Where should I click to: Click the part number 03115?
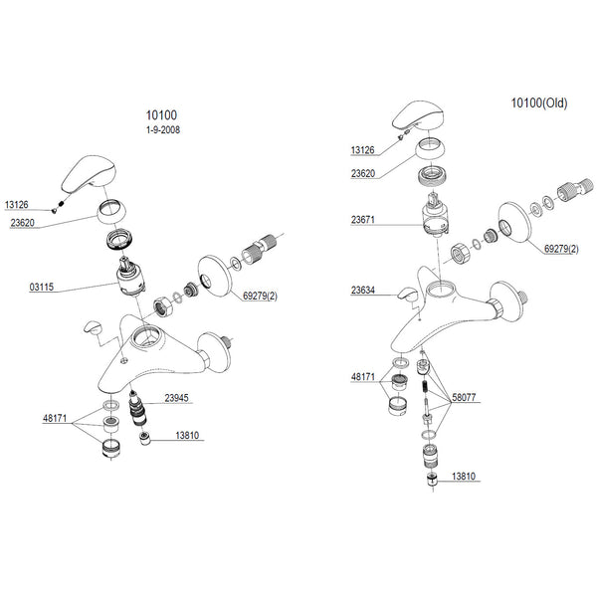pyautogui.click(x=42, y=287)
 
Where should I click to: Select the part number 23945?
pyautogui.click(x=176, y=398)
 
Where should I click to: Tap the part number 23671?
pyautogui.click(x=363, y=220)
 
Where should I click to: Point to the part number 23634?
pyautogui.click(x=363, y=291)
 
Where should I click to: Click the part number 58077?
pyautogui.click(x=464, y=397)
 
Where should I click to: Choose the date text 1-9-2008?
pyautogui.click(x=163, y=130)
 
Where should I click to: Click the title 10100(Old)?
pyautogui.click(x=539, y=102)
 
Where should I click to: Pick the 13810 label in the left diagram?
pyautogui.click(x=187, y=435)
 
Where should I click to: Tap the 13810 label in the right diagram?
pyautogui.click(x=464, y=477)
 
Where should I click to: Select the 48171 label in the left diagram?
pyautogui.click(x=55, y=418)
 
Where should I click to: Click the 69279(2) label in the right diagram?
pyautogui.click(x=561, y=249)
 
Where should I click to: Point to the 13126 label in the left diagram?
pyautogui.click(x=16, y=205)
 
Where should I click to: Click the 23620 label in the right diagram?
pyautogui.click(x=363, y=173)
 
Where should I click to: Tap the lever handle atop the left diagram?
pyautogui.click(x=89, y=174)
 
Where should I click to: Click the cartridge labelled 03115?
pyautogui.click(x=130, y=276)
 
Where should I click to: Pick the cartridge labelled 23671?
pyautogui.click(x=436, y=216)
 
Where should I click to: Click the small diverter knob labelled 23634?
pyautogui.click(x=407, y=295)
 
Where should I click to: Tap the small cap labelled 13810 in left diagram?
pyautogui.click(x=144, y=439)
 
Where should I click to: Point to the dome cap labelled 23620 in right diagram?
pyautogui.click(x=430, y=149)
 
